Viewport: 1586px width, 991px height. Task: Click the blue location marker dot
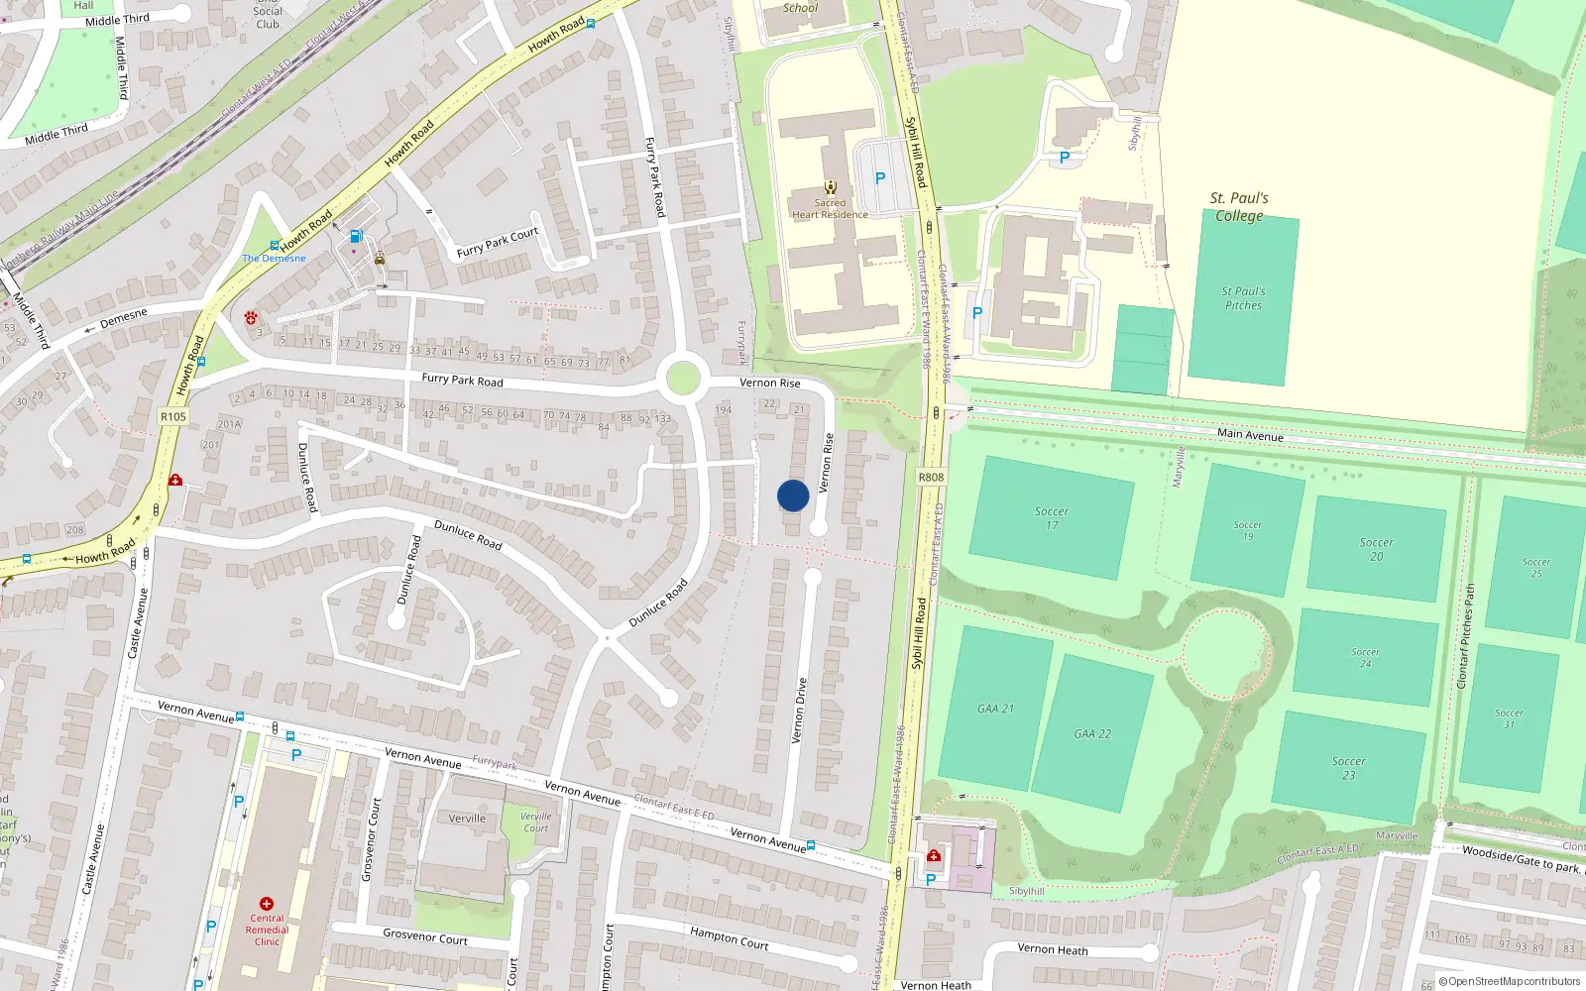(793, 495)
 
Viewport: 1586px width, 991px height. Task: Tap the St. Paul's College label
(1239, 206)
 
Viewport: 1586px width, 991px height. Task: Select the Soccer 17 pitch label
(1052, 518)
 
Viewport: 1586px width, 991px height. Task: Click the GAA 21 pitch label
(995, 709)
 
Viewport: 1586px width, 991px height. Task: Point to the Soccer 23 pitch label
(1348, 768)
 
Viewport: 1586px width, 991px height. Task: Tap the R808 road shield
(931, 478)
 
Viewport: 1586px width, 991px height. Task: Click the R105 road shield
(172, 416)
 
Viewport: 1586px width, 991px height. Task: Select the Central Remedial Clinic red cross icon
(266, 904)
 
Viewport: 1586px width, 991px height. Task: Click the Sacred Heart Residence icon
(830, 186)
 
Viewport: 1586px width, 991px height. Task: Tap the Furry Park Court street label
(497, 242)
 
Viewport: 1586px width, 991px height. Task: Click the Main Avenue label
(1250, 435)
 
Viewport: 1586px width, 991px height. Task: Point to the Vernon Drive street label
(799, 711)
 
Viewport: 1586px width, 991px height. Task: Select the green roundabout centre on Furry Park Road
(682, 378)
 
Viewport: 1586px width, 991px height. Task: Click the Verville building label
(467, 819)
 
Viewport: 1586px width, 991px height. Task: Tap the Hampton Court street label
(729, 937)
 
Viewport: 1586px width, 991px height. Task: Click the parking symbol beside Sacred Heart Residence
(879, 178)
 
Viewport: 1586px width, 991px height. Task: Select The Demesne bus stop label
(275, 259)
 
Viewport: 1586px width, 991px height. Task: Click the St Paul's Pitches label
(1243, 298)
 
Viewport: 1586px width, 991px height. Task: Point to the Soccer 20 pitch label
(1376, 549)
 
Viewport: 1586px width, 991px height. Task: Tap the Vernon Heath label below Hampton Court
(1052, 949)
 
